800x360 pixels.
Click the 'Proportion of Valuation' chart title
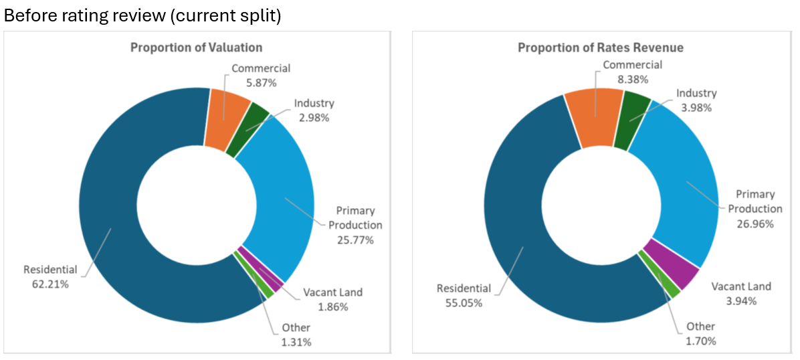[196, 48]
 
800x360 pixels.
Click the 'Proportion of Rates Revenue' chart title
[601, 48]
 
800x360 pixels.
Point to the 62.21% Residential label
[50, 276]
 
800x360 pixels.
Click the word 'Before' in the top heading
[29, 17]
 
